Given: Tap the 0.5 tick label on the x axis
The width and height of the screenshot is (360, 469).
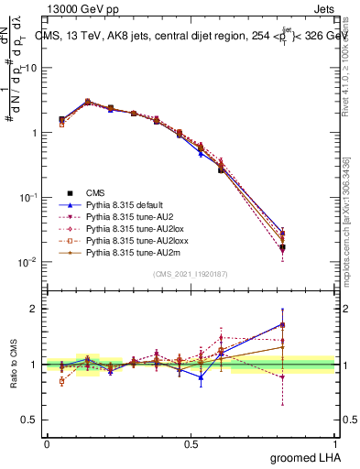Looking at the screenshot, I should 191,444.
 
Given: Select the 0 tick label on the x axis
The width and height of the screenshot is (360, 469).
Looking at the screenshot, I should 47,444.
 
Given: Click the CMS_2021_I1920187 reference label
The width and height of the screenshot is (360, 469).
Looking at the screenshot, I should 190,274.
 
